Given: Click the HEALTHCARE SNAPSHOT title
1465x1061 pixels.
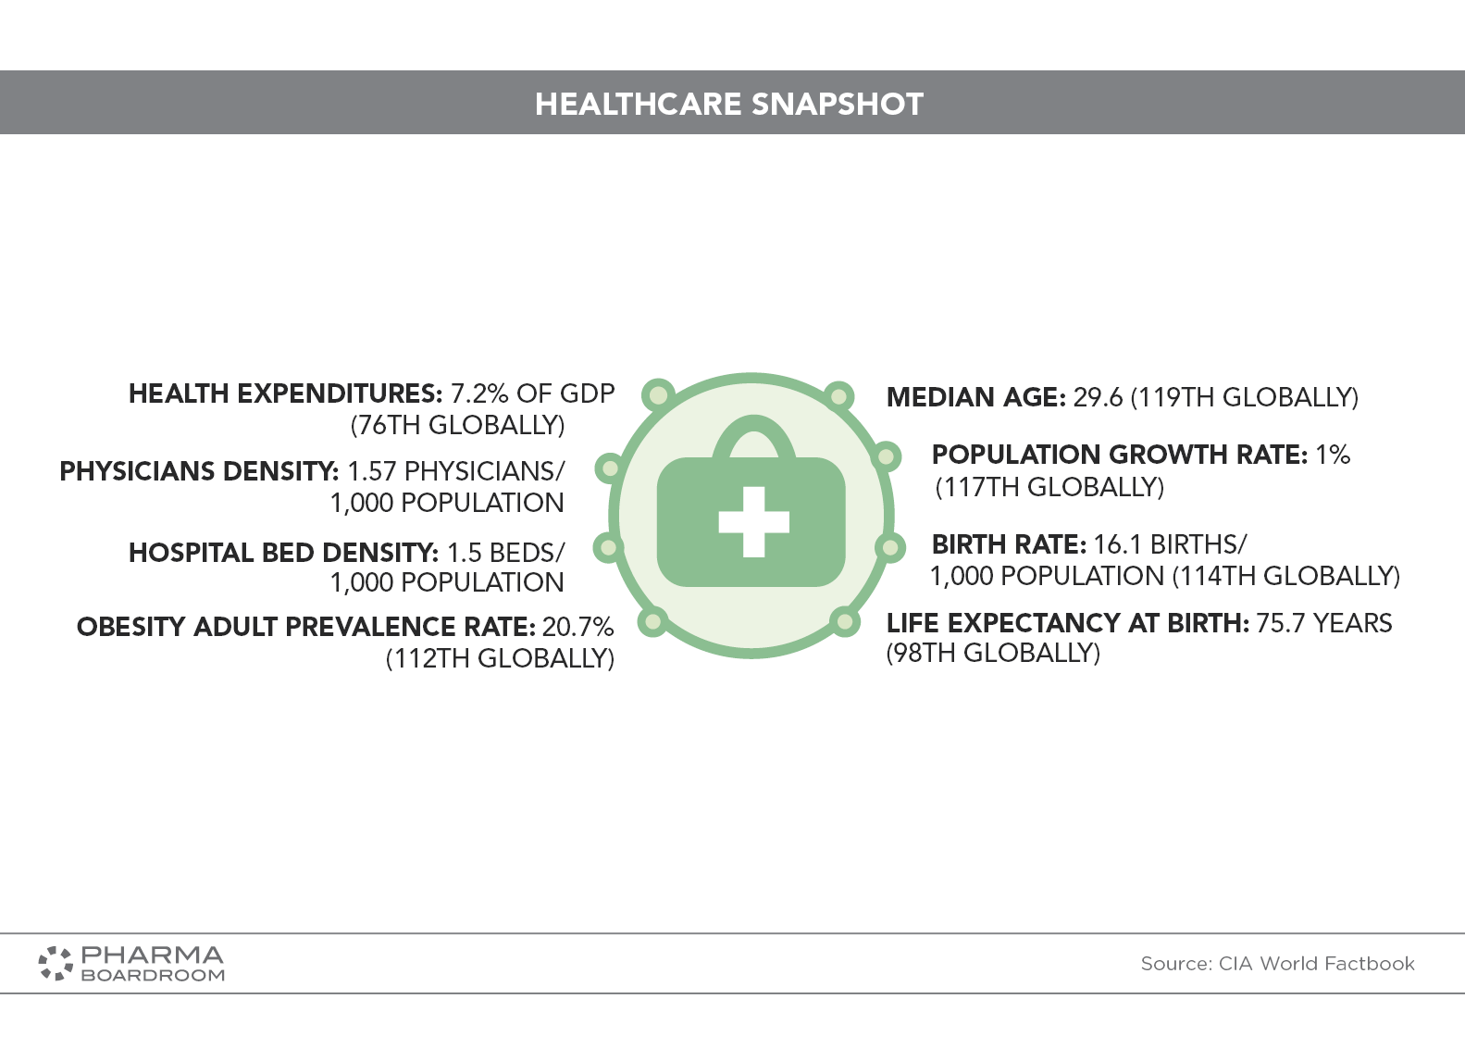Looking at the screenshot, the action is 729,104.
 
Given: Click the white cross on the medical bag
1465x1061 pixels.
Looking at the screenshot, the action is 754,522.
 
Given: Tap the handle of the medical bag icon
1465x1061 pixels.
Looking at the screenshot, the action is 754,437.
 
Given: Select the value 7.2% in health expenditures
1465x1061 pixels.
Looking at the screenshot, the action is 479,393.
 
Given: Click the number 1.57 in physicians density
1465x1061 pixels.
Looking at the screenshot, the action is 371,471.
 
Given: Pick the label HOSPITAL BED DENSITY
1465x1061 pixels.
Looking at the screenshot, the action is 283,553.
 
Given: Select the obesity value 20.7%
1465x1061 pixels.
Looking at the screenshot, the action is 578,627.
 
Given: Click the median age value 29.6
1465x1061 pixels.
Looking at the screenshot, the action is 1099,398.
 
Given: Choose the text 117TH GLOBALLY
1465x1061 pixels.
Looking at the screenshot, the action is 1050,487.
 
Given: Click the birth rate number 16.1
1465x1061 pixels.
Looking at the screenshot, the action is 1118,544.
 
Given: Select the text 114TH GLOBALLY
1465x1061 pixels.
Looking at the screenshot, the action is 1285,576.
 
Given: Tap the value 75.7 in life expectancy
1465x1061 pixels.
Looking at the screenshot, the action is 1281,623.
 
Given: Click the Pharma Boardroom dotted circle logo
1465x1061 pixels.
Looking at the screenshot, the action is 56,964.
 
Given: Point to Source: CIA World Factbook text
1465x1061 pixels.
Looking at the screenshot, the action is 1277,964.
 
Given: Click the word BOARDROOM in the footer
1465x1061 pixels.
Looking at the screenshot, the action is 153,975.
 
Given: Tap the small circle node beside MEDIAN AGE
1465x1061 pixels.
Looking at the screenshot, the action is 838,396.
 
